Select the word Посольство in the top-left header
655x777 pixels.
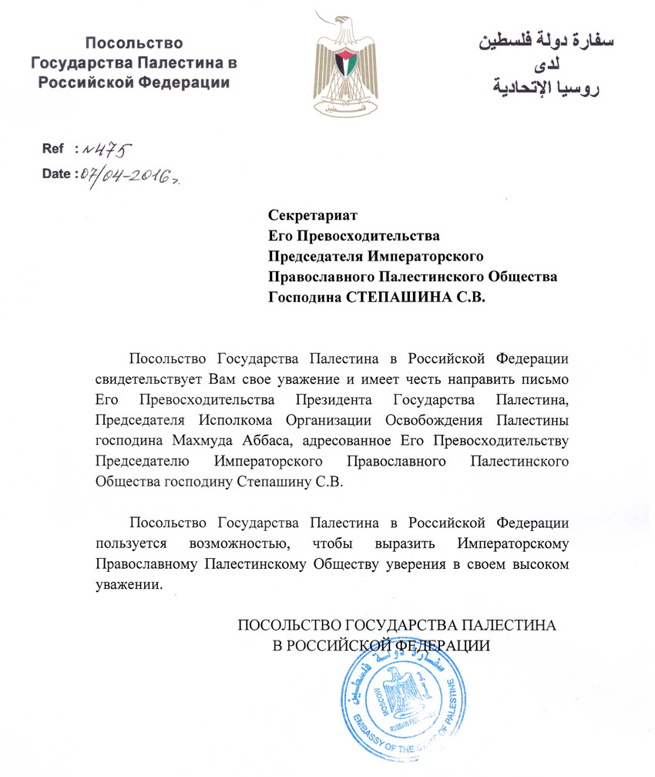click(129, 44)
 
